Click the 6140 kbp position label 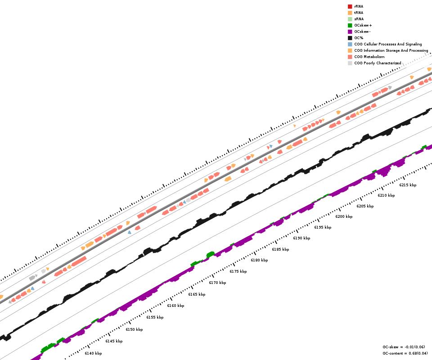coord(93,353)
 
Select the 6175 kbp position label coord(238,271)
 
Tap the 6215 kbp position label coord(408,185)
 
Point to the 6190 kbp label coord(301,238)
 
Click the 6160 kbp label coord(175,306)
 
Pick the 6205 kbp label coord(365,206)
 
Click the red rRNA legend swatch coord(350,7)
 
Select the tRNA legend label coord(359,13)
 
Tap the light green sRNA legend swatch coord(350,19)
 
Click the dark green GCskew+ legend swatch coord(350,26)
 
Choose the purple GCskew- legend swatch coord(350,32)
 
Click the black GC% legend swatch coord(350,38)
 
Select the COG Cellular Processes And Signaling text coord(388,44)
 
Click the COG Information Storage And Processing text coord(391,50)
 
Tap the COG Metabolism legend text coord(369,57)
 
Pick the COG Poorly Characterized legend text coord(378,63)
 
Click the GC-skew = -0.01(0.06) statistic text coord(404,347)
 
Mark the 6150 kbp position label coord(134,329)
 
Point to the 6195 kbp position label coord(323,227)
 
